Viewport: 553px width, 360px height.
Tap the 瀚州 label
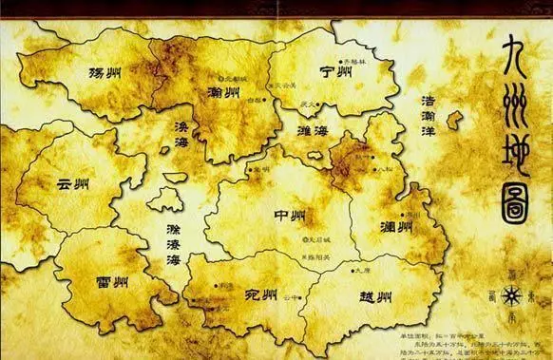(221, 92)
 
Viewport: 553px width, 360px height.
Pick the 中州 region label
(290, 216)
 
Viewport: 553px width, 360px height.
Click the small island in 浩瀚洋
(454, 120)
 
